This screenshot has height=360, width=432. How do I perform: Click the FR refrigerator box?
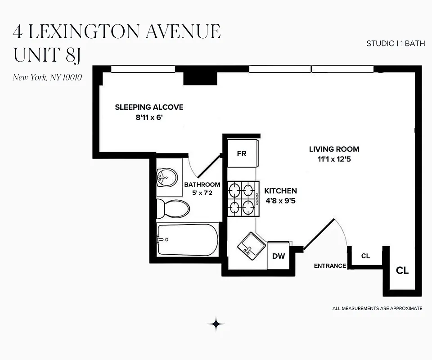[x=242, y=153]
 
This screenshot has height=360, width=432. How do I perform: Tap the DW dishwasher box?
[x=279, y=256]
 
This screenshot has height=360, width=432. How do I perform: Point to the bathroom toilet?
[x=173, y=208]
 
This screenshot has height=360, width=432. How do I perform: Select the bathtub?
[x=187, y=239]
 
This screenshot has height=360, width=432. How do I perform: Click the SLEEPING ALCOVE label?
[x=149, y=107]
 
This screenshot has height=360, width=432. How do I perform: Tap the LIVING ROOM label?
[x=334, y=149]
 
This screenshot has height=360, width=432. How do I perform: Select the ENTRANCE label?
[x=330, y=266]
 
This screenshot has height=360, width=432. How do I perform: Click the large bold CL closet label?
[x=402, y=270]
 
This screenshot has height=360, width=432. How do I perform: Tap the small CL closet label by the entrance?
[x=365, y=256]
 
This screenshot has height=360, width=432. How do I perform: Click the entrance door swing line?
[x=319, y=234]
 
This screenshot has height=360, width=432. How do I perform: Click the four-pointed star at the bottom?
[x=216, y=324]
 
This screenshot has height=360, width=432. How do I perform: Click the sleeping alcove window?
[x=143, y=69]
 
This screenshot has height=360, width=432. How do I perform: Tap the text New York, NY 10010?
[x=47, y=77]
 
